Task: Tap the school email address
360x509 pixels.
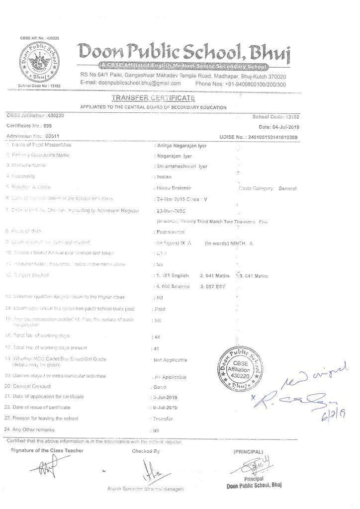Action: [131, 84]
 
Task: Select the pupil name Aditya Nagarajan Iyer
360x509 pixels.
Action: [182, 146]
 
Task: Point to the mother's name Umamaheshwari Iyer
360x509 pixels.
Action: [182, 167]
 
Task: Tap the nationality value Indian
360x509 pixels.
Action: [164, 177]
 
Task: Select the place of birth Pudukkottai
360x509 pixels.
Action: [171, 232]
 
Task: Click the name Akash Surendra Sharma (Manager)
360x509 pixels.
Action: [146, 489]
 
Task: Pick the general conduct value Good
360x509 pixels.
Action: [160, 386]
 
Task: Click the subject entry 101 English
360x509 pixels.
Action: [174, 275]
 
